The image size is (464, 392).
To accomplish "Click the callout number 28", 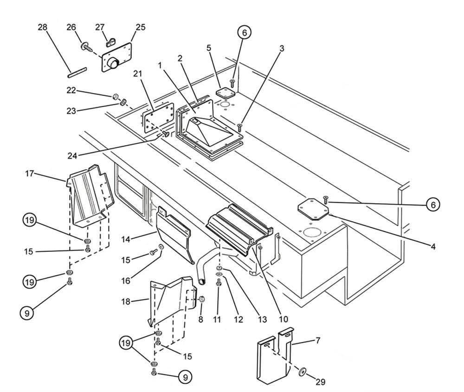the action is coord(42,27).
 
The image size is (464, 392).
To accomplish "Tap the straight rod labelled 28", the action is coord(77,72).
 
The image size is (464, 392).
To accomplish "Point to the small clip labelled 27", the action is coord(110,42).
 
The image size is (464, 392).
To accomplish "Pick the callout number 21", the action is coord(138,74).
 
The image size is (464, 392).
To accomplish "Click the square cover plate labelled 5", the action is coord(225,93).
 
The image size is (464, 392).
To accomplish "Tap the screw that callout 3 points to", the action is coord(240,128).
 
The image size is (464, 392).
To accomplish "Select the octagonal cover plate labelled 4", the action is coord(313,209).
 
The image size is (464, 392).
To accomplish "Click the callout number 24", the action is coord(72,156).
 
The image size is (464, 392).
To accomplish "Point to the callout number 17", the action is coord(29,174).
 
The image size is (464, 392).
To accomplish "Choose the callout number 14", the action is coord(126,239).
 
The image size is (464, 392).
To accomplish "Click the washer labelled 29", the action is coord(303,371).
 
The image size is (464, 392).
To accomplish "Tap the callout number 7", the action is coord(318,341).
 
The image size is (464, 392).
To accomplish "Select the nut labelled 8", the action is coord(202,299).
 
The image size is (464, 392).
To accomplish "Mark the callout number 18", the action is coord(126,302).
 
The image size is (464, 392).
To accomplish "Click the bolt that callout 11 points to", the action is coord(219,282).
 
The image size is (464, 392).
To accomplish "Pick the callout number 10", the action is coord(283,319).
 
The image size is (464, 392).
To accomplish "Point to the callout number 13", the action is coord(262,320).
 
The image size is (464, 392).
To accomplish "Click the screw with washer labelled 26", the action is coord(87,47).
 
